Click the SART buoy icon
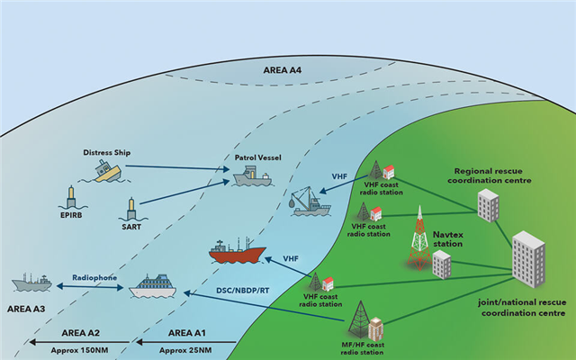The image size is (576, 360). click(x=132, y=209)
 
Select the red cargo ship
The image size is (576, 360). click(x=236, y=251)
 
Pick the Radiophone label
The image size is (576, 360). click(x=94, y=278)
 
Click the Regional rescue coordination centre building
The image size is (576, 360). click(x=489, y=206)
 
